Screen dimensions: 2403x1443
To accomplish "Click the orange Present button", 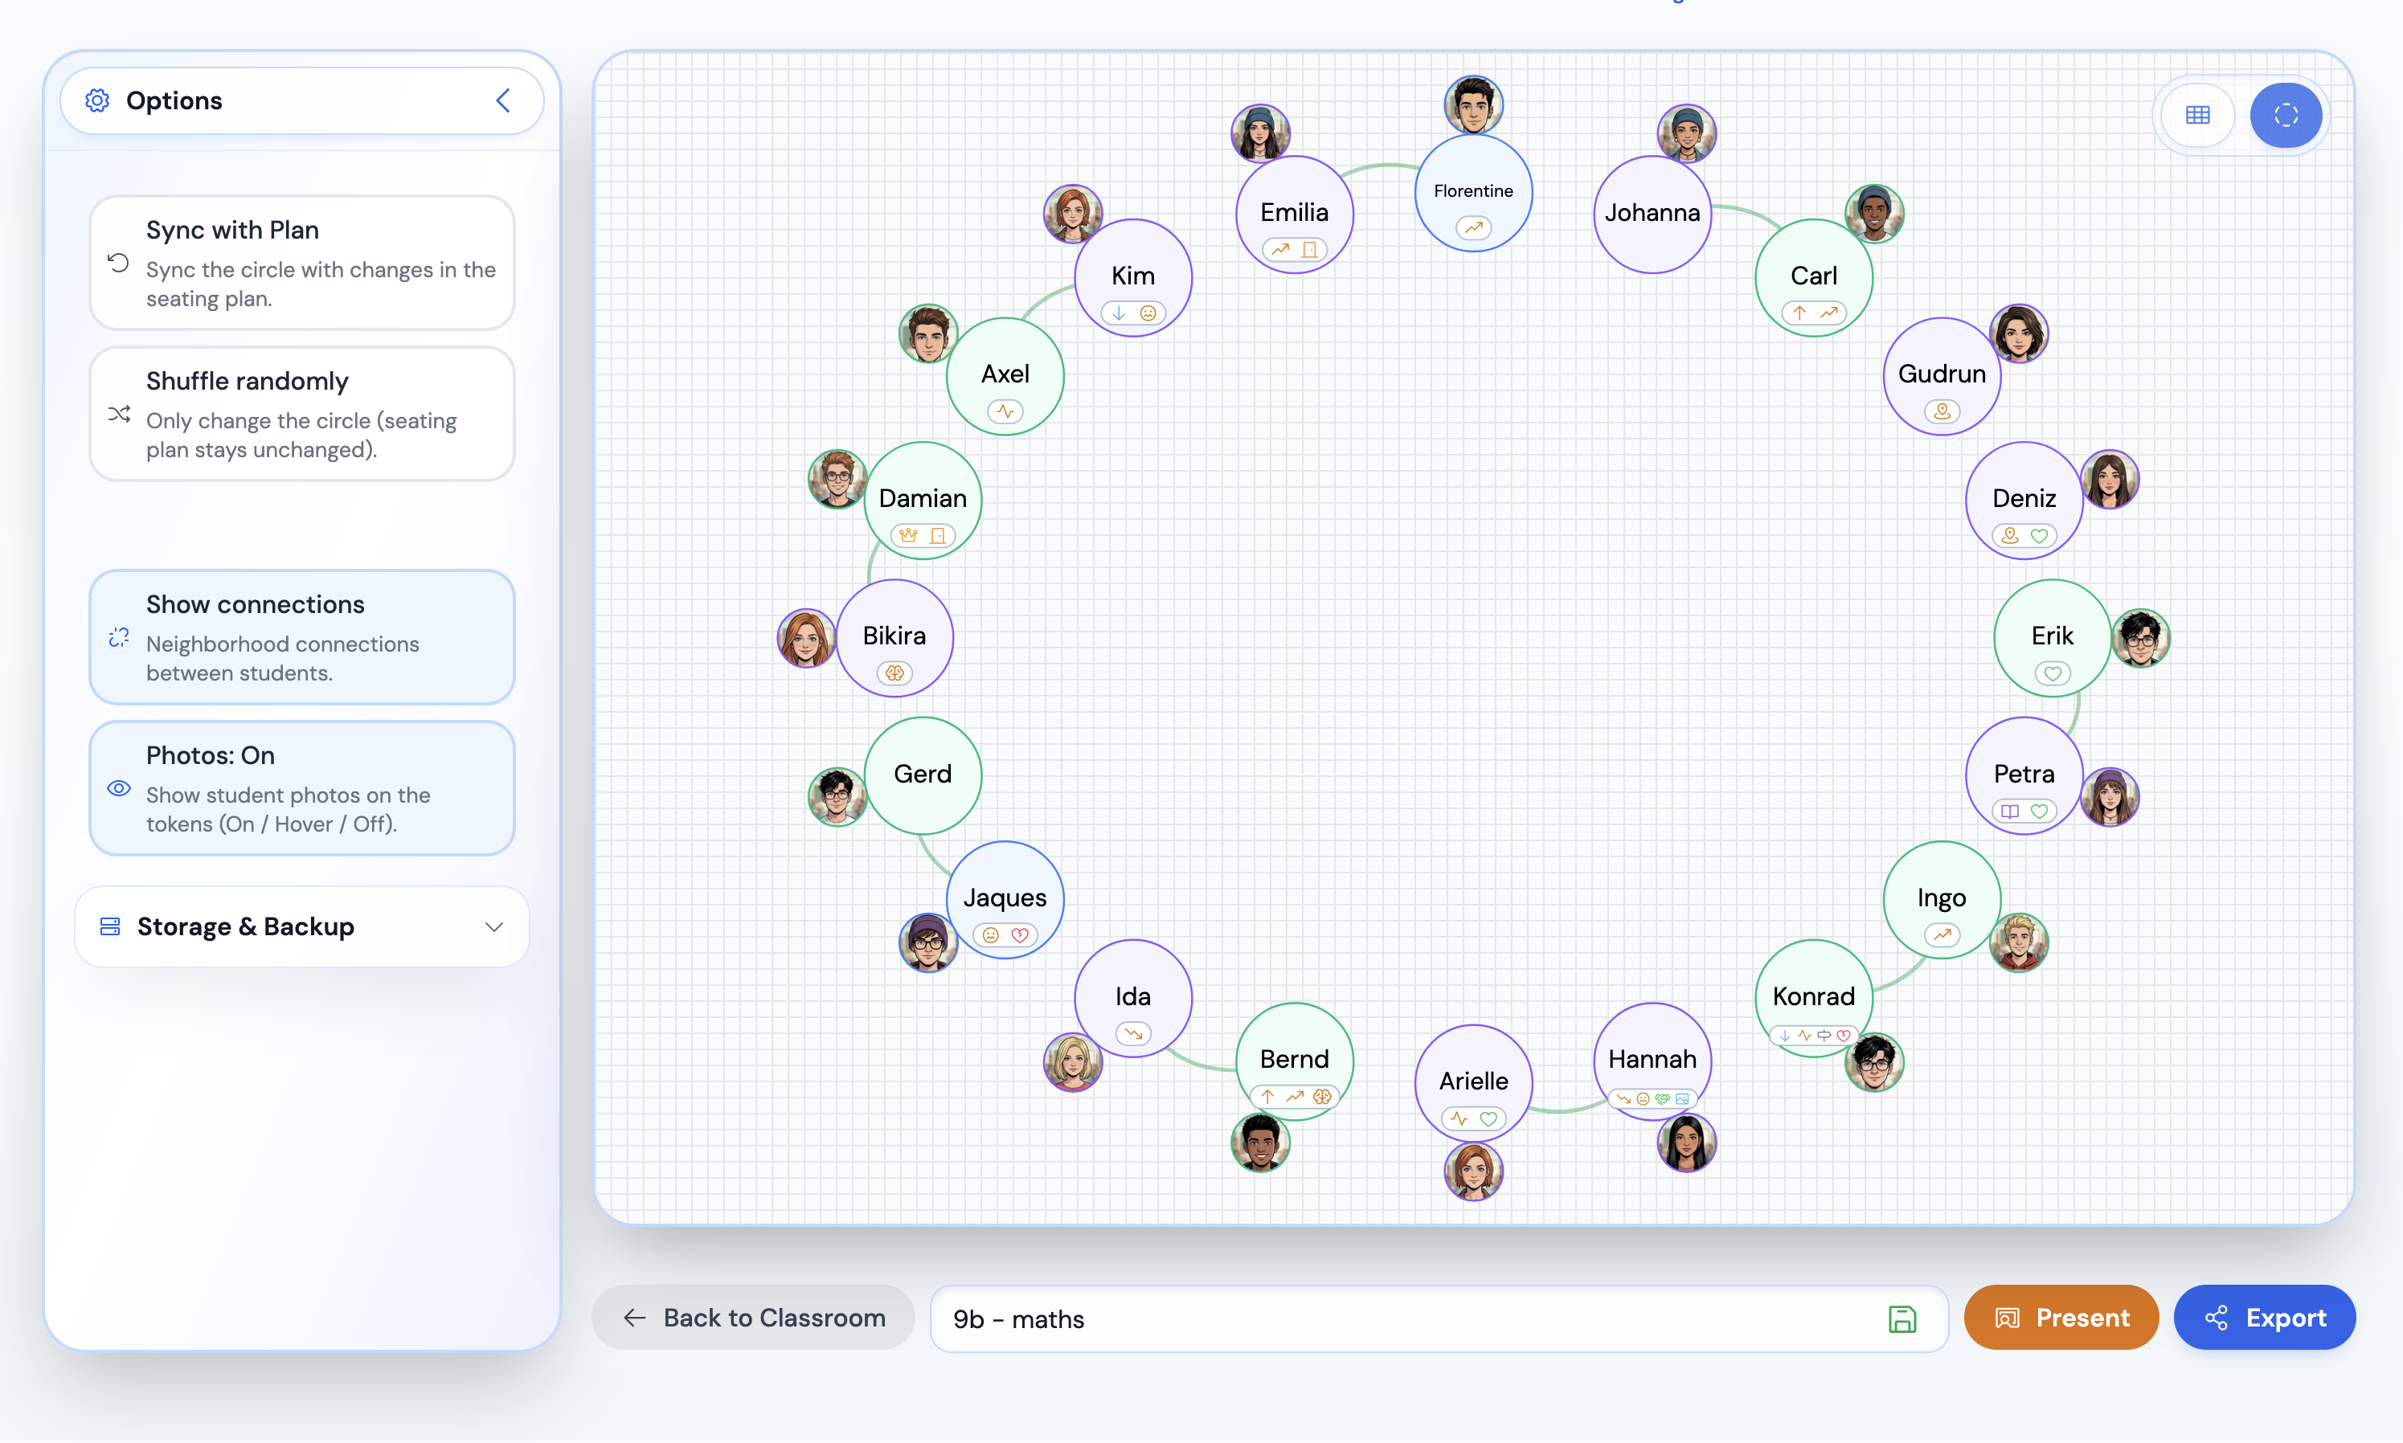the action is click(2061, 1318).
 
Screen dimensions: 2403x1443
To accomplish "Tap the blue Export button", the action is click(2264, 1318).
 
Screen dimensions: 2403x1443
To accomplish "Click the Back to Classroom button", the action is click(754, 1318).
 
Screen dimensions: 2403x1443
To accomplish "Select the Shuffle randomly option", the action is click(301, 415).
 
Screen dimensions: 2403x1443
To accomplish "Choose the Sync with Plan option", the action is click(301, 263).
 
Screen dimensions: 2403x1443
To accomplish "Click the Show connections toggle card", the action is click(301, 637).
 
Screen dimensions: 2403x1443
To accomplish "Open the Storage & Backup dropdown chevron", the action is click(494, 926).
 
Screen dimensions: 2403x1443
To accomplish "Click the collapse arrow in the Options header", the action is click(503, 100).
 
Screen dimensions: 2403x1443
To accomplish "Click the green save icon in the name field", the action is click(1902, 1318).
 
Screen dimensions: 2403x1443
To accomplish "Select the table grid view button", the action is click(2198, 115).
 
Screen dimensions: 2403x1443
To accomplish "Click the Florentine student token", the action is click(1473, 193).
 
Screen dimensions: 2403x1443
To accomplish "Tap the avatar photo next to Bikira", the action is click(806, 638).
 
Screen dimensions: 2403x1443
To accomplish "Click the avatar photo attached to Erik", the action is click(2140, 638).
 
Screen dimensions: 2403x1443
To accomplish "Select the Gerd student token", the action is click(923, 775).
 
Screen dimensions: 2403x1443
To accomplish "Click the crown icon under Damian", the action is click(908, 535).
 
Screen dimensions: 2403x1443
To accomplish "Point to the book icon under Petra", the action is click(2010, 811).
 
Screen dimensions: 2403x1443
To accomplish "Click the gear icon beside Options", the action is click(97, 100).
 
